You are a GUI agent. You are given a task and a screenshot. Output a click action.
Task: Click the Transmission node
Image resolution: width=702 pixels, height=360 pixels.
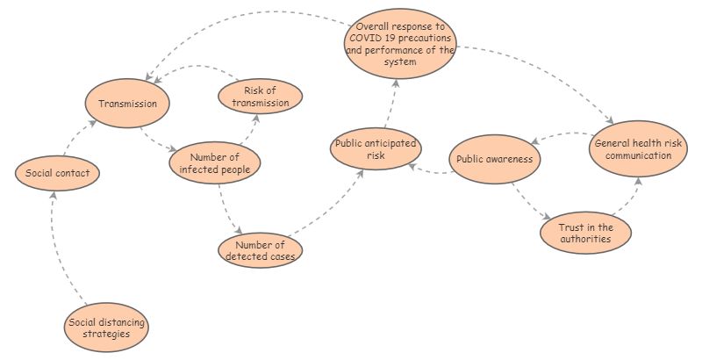pos(127,104)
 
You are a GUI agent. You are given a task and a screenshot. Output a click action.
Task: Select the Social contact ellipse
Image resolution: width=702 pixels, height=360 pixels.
pos(57,173)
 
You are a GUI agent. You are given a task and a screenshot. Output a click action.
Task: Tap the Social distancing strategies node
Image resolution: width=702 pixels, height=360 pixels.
pos(107,328)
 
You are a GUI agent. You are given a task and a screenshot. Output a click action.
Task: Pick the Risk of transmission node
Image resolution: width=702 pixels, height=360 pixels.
pos(260,97)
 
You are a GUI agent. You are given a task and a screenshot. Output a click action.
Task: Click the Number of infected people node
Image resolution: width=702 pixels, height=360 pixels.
pos(215,163)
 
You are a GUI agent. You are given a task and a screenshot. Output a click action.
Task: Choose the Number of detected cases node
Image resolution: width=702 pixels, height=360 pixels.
pos(261,250)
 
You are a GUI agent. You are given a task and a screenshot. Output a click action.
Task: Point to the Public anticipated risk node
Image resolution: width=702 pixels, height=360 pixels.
pos(376,149)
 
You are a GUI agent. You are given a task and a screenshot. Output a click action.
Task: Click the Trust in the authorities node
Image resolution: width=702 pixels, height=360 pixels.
pos(585,233)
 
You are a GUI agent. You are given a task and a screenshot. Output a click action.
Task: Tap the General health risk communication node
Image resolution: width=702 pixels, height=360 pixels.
pos(633,148)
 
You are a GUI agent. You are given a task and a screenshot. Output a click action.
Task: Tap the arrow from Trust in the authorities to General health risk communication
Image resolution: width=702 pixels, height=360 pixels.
pos(627,198)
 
